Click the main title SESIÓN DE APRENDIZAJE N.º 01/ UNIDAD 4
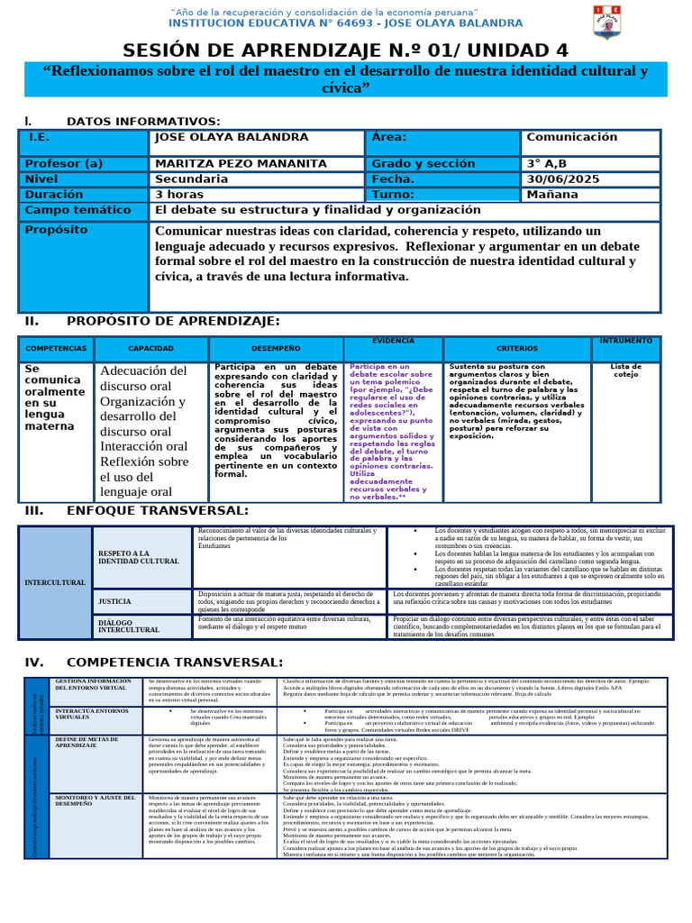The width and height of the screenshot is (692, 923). click(x=345, y=50)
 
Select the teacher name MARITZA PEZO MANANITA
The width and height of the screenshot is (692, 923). click(x=241, y=164)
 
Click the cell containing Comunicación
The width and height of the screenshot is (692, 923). click(x=571, y=137)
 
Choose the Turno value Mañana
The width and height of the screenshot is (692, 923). click(x=553, y=195)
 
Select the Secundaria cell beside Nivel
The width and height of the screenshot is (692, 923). click(x=192, y=179)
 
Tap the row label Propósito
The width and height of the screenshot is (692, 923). click(x=56, y=230)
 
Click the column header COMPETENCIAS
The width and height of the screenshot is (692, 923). click(x=56, y=348)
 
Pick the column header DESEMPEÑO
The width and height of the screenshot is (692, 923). click(x=276, y=348)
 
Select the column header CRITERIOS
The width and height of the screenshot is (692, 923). click(x=516, y=348)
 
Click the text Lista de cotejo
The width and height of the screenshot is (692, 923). click(x=625, y=370)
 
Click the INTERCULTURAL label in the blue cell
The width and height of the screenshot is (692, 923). click(x=55, y=582)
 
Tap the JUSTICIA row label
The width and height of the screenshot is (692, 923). click(x=114, y=600)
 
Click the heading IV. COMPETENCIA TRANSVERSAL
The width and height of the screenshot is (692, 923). click(x=154, y=663)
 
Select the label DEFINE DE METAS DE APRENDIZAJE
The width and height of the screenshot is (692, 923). click(x=88, y=742)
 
